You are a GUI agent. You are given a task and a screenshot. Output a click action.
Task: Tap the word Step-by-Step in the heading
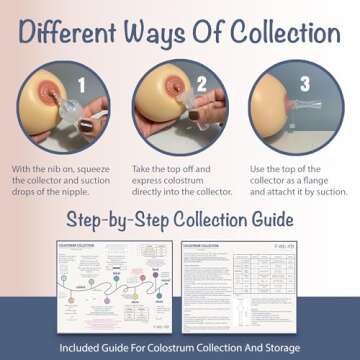tap(118, 220)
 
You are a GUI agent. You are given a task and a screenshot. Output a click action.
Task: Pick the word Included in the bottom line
tap(84, 348)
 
